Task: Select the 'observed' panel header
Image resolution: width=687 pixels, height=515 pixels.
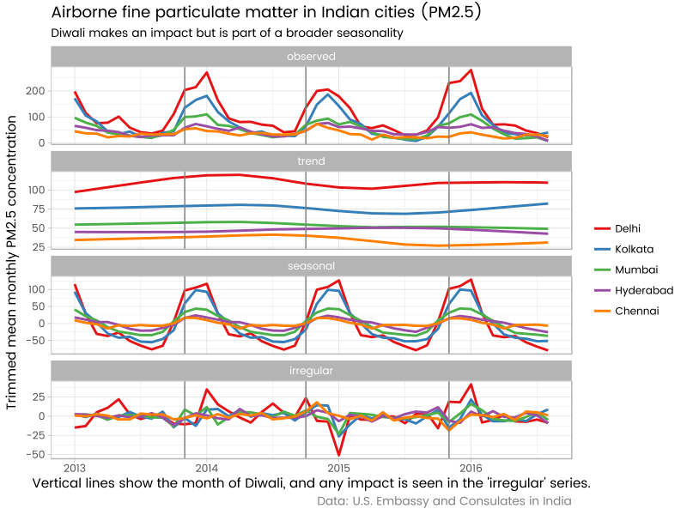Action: pos(311,57)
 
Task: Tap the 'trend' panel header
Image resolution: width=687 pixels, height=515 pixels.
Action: pos(311,161)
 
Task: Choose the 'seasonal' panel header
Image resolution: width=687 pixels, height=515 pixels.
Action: pos(311,266)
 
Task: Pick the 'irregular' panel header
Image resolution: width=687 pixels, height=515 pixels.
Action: pos(311,371)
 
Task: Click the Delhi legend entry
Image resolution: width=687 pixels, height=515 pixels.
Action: pos(628,228)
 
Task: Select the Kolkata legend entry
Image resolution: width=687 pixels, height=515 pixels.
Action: pos(634,249)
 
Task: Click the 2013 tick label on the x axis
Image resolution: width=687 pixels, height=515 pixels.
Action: pos(74,469)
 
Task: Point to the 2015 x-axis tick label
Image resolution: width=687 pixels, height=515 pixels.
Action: pos(338,469)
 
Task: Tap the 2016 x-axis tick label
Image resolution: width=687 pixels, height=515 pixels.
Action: pos(471,469)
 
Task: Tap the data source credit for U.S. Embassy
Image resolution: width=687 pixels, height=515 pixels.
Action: pos(444,500)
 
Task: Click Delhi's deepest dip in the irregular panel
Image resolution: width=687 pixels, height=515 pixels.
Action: pos(339,454)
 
